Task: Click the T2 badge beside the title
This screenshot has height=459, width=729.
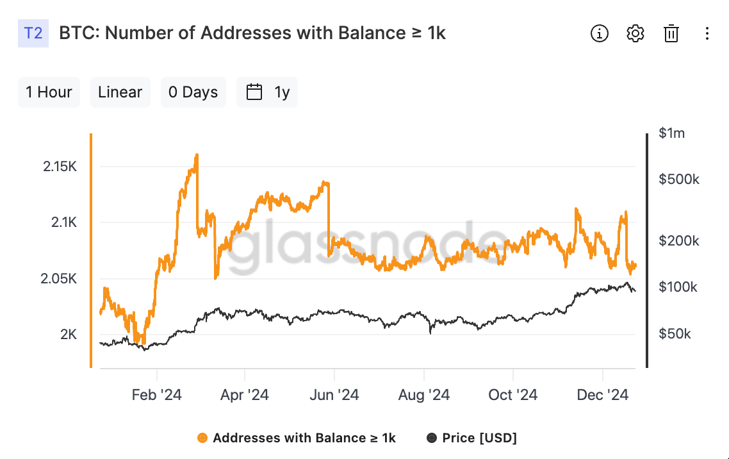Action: tap(33, 33)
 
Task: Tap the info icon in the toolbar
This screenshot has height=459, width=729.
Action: tap(600, 33)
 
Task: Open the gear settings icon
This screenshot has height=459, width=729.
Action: tap(635, 33)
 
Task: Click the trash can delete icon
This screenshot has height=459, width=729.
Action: tap(671, 33)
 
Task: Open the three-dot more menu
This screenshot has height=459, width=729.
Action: tap(707, 33)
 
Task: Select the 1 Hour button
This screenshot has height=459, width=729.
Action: tap(49, 92)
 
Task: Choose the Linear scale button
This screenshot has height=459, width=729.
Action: tap(120, 92)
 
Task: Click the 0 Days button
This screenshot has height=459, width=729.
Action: tap(193, 92)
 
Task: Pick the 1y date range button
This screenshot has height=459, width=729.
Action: tap(267, 92)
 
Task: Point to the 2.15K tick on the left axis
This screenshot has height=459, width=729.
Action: tap(60, 167)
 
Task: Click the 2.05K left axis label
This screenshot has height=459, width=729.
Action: tap(58, 279)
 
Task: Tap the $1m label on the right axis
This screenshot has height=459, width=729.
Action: tap(672, 133)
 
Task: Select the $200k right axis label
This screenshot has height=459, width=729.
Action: tap(679, 240)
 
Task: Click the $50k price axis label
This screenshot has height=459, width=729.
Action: tap(675, 333)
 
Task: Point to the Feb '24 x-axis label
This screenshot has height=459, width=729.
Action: tap(157, 395)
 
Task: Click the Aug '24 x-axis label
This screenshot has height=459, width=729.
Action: tap(424, 395)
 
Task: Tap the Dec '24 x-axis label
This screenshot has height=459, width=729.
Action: tap(603, 395)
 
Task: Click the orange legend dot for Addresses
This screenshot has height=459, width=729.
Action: tap(202, 438)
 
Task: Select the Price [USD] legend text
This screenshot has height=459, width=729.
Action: tap(479, 438)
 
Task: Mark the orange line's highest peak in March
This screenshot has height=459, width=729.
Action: tap(197, 155)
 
